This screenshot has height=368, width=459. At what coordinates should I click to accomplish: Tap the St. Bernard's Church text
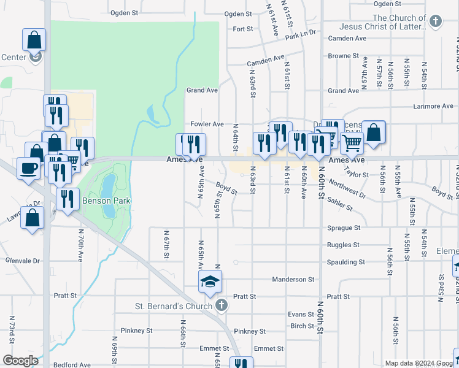(x=173, y=305)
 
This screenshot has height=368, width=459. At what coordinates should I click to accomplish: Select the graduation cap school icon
(x=210, y=282)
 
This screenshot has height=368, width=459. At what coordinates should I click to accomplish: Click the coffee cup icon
(x=28, y=167)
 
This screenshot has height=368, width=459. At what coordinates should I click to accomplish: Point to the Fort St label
(x=243, y=29)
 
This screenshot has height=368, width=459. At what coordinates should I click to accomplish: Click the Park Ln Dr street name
(x=300, y=34)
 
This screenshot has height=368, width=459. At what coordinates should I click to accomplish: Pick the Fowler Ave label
(x=207, y=124)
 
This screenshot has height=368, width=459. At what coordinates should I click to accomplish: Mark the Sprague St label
(x=344, y=228)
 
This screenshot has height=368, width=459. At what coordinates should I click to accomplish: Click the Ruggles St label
(x=343, y=245)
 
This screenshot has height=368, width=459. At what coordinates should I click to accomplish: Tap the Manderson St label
(x=293, y=279)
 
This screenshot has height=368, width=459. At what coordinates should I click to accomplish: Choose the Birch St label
(x=303, y=326)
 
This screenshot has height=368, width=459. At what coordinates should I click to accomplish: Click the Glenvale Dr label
(x=22, y=261)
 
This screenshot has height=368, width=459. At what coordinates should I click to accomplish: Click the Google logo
(x=20, y=361)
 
